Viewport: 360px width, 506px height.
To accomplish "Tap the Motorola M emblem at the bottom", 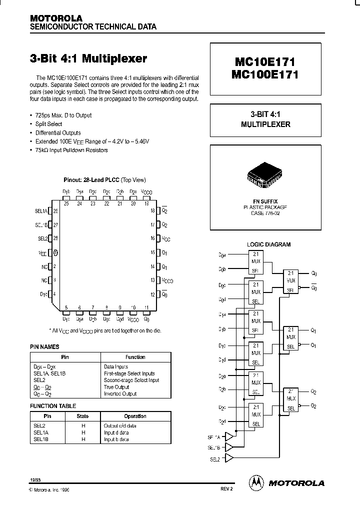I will point(256,482).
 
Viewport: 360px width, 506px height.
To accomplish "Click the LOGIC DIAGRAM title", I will point(268,244).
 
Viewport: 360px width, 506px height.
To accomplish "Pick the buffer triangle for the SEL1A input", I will point(229,437).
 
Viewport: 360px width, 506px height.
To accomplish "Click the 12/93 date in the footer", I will point(35,479).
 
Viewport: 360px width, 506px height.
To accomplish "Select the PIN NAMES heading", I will point(44,346).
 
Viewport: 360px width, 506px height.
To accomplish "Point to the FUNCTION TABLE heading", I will point(53,406).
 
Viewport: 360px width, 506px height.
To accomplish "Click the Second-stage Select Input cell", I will point(131,380).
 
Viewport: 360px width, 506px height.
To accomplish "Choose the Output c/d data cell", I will point(120,425).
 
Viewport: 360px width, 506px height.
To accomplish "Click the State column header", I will point(82,416).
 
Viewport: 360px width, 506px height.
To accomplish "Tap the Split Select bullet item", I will point(48,124).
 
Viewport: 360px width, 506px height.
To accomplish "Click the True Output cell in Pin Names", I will point(116,387).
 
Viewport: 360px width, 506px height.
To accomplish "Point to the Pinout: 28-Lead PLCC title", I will point(104,179).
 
